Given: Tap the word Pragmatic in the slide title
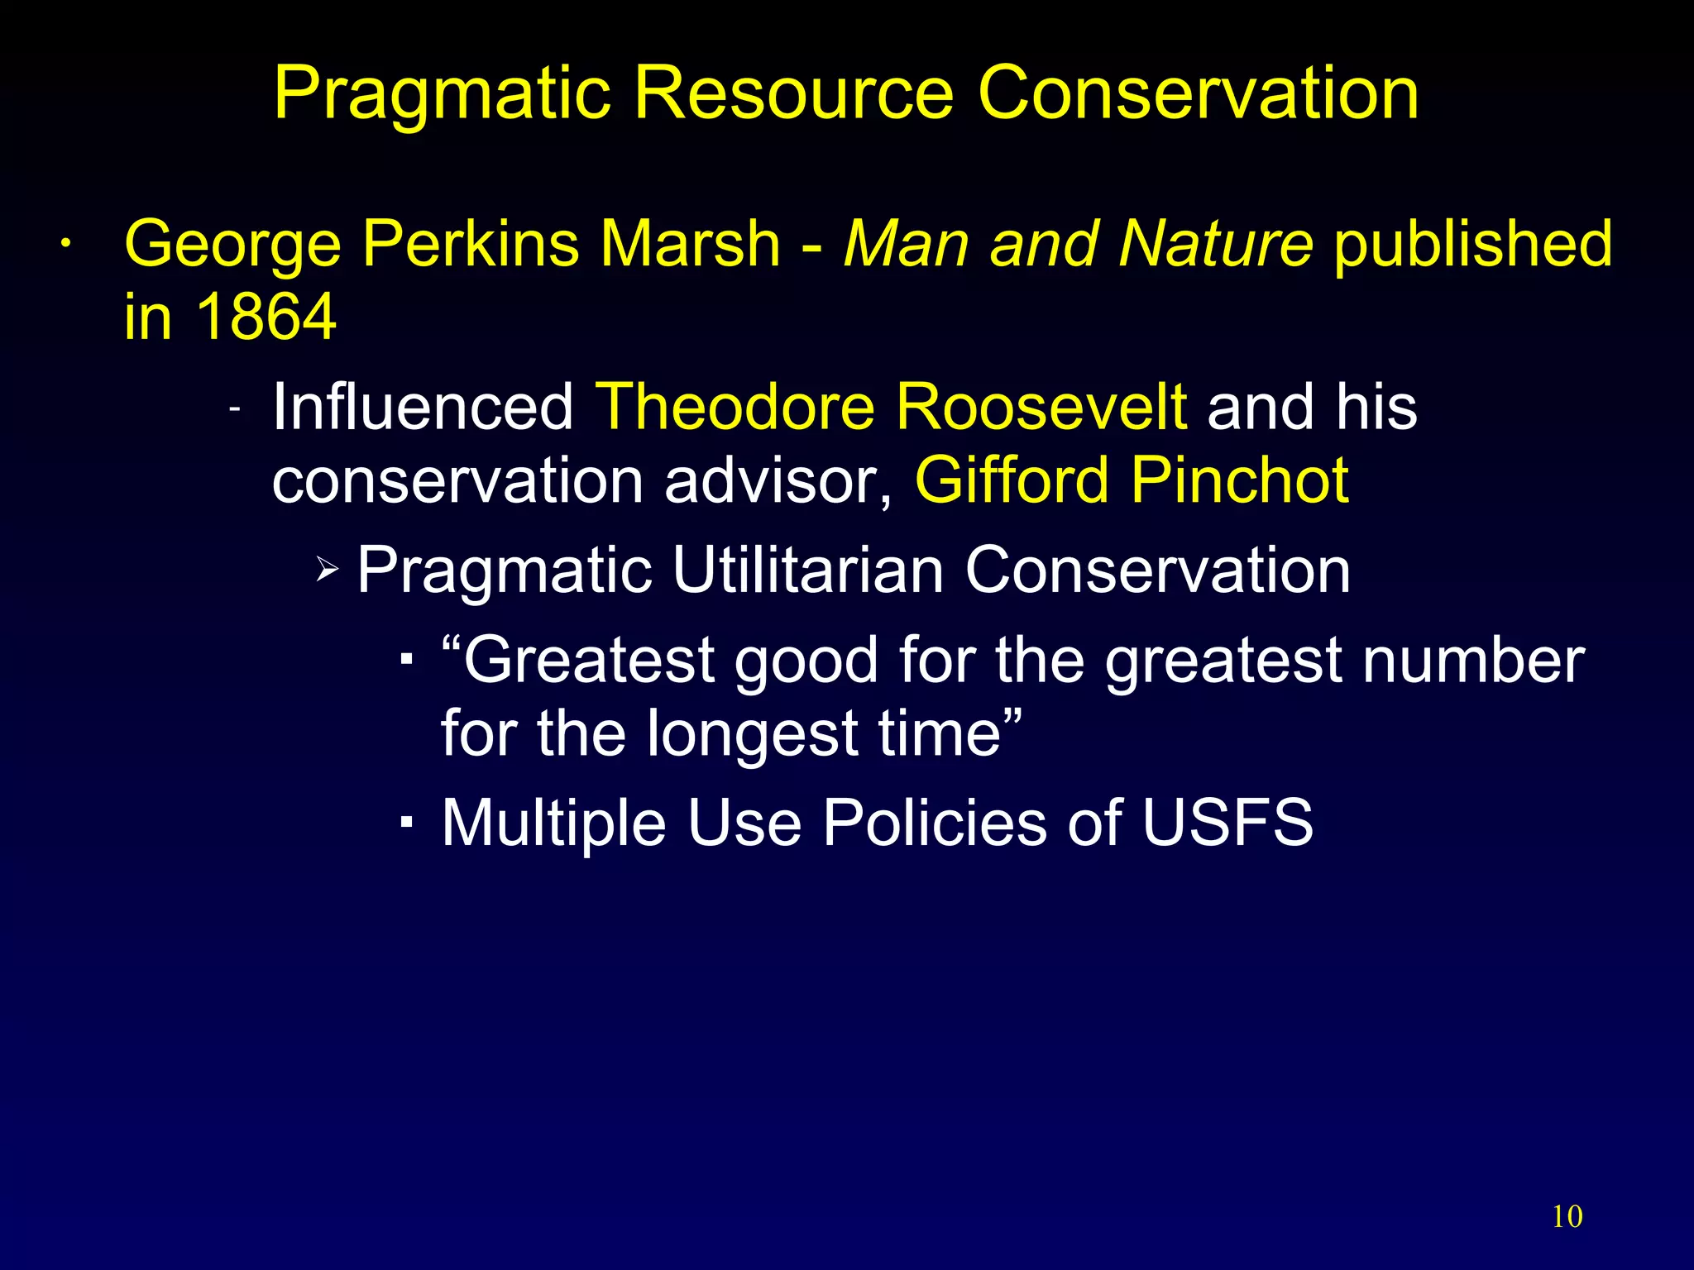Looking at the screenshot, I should point(443,96).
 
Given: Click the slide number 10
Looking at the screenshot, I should point(1567,1217).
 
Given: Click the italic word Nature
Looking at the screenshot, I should point(1215,244).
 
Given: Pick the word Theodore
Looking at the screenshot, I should point(735,407).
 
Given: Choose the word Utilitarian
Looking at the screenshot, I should point(808,570).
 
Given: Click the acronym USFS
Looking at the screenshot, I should point(1227,823).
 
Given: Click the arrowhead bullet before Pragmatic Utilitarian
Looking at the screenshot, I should point(328,569).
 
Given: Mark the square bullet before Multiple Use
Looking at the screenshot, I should point(406,823).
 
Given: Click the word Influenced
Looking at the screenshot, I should point(423,407).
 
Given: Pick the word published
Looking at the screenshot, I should point(1473,246).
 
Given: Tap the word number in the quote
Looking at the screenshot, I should point(1473,661).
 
